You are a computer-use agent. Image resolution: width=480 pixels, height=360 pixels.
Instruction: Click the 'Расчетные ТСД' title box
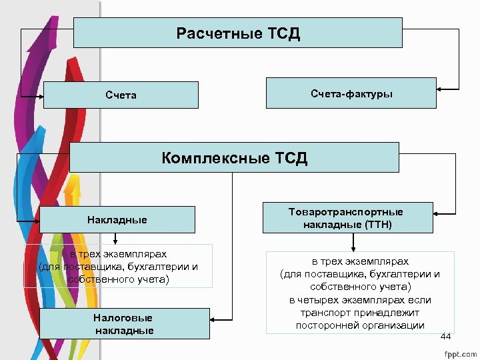[x=238, y=33]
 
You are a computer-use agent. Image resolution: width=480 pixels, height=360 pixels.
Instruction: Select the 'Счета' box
[x=121, y=95]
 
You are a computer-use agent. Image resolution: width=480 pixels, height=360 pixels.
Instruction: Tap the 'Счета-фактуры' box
[x=351, y=93]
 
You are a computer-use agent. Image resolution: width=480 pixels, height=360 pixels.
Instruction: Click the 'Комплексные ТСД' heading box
[x=234, y=157]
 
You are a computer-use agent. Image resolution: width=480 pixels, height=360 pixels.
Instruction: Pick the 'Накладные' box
[x=117, y=219]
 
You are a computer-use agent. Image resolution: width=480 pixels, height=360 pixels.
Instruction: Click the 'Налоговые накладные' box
[x=124, y=324]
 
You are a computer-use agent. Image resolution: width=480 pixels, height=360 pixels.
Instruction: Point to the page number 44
[x=446, y=337]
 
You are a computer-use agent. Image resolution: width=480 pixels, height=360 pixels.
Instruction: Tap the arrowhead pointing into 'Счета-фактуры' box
[x=439, y=88]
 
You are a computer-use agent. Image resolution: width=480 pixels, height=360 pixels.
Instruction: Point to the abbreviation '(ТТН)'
[x=378, y=225]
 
